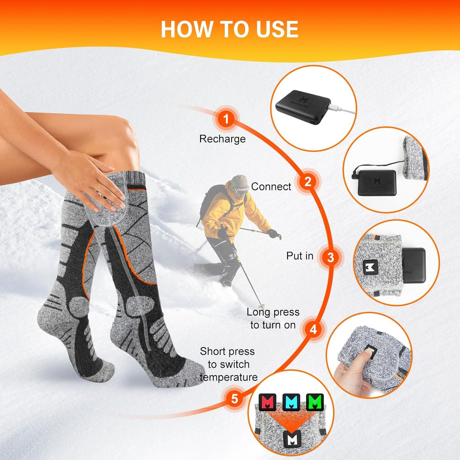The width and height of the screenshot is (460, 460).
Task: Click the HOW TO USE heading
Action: point(229,29)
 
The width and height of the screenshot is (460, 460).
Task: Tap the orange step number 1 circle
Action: point(226,119)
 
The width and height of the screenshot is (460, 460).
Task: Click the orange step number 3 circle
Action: point(330,257)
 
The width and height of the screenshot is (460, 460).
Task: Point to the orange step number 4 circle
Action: point(313,330)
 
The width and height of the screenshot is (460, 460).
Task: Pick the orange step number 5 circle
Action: point(234,398)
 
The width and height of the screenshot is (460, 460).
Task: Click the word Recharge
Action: point(222,139)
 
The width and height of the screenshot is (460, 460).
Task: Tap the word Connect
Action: point(271,186)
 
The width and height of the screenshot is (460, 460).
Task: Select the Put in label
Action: point(300,256)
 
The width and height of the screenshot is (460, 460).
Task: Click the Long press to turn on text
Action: point(273,318)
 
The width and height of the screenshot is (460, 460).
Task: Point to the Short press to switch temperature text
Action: point(228,364)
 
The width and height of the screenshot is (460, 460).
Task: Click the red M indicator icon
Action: point(267,402)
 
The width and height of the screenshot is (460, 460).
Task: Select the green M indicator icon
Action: point(315,402)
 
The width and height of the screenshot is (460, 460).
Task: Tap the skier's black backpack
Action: point(209,200)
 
